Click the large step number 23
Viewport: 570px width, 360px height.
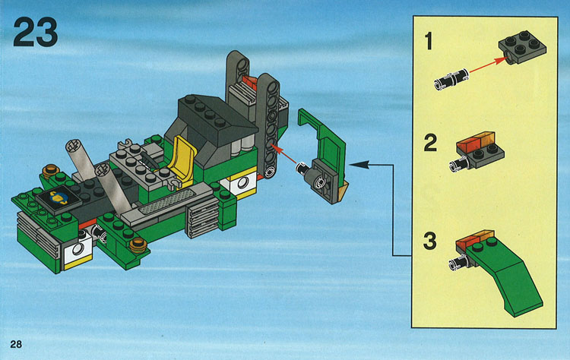pos(35,32)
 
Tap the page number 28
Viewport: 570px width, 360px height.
pos(16,344)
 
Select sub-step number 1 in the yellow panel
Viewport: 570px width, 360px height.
pos(429,41)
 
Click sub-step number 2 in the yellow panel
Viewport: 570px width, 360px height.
pos(430,143)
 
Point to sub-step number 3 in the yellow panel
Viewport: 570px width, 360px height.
pos(430,242)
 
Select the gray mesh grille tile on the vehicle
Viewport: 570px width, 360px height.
pos(168,201)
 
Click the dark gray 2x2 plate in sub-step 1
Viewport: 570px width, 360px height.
pos(522,47)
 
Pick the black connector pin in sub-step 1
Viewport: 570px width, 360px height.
pos(451,78)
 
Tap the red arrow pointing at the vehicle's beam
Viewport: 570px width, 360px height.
pos(283,154)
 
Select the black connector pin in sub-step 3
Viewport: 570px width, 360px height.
pos(458,262)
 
